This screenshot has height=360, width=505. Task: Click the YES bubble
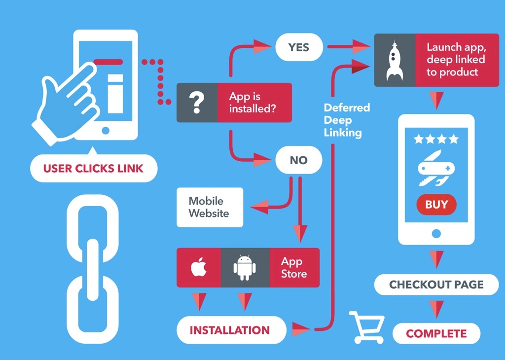pos(298,47)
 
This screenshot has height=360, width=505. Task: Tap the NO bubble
pos(298,160)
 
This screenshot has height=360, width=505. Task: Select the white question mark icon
pos(197,103)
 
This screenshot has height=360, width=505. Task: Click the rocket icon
pos(395,60)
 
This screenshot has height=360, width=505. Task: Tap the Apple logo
pos(198,268)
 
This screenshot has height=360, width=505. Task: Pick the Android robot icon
pos(245,268)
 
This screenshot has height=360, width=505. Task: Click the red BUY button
pos(436,205)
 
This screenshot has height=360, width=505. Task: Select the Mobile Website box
pos(210,207)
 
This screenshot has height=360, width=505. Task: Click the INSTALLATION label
pos(230,330)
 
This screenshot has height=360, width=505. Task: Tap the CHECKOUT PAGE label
pos(436,285)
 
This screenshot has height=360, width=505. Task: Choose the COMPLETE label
pos(436,334)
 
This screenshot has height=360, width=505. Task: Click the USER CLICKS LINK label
pos(93,169)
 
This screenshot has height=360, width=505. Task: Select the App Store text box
pos(294,268)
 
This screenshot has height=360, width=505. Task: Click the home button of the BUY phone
pos(436,233)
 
